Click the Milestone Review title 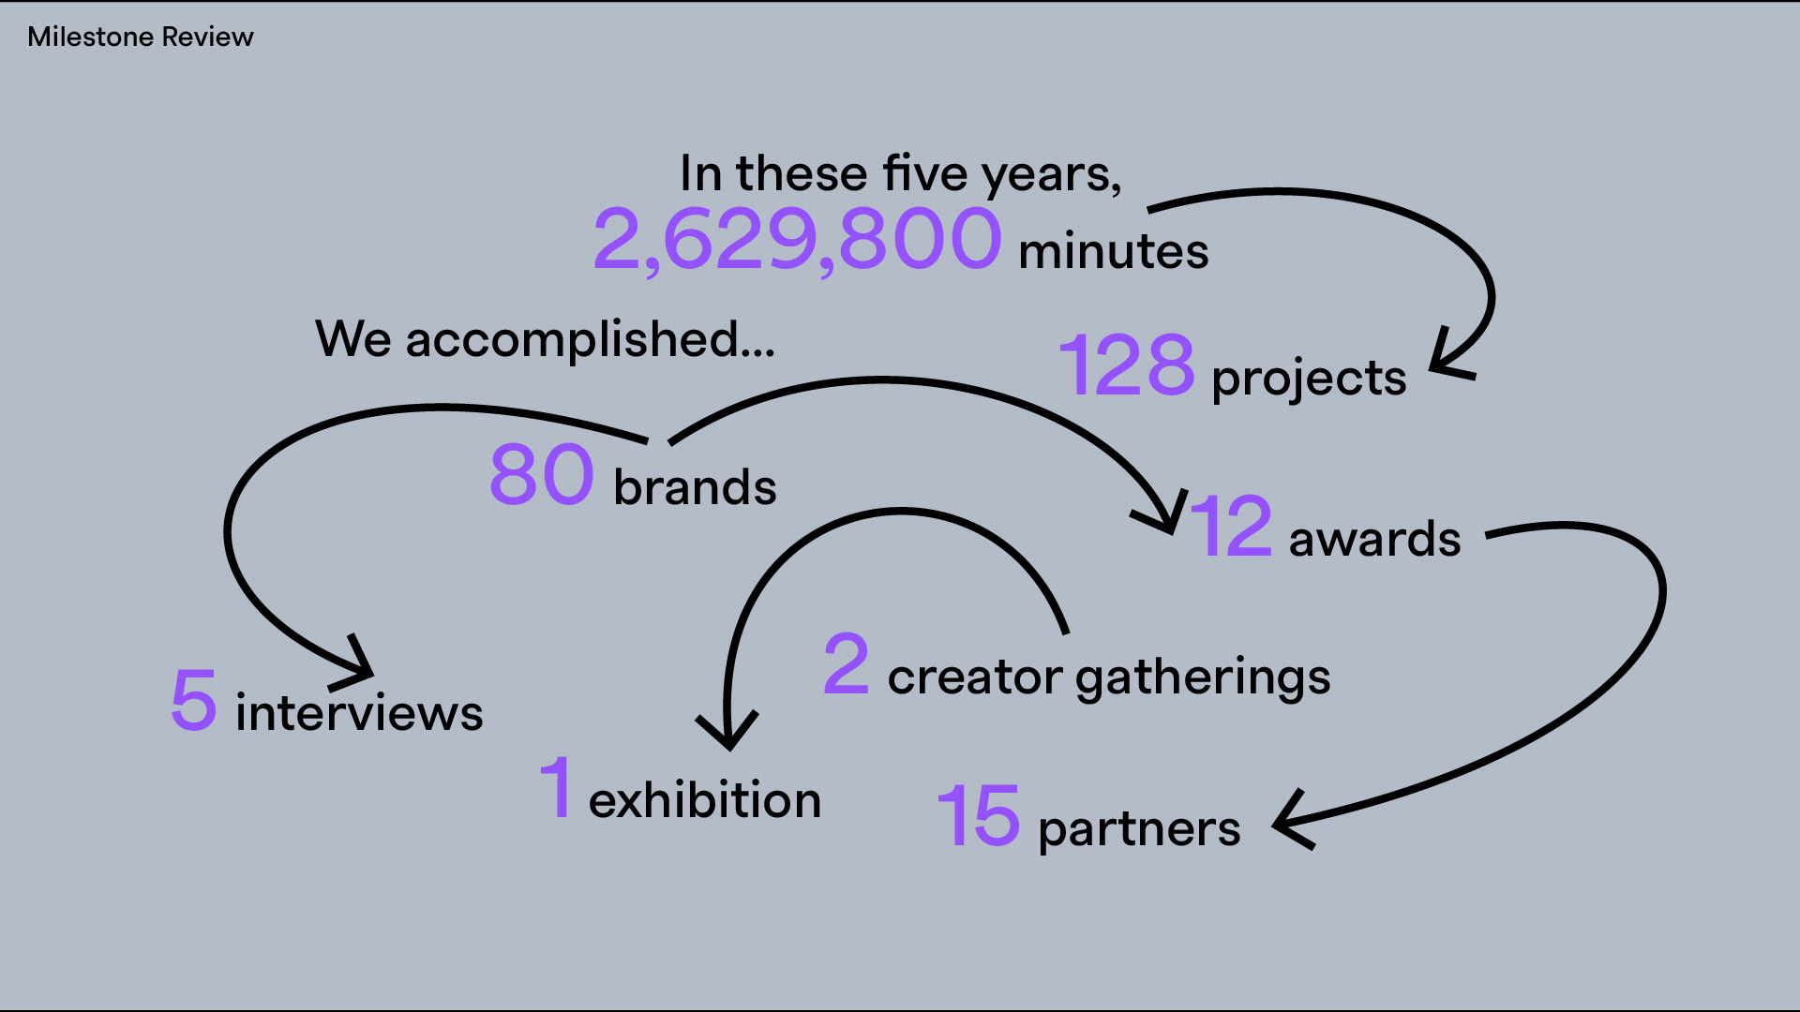pos(141,37)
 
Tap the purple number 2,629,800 pos(798,240)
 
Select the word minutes pos(1113,251)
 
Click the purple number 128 pos(1127,365)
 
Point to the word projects pos(1309,379)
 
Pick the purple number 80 pos(542,474)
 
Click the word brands pos(695,487)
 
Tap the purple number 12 pos(1231,527)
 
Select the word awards pos(1374,540)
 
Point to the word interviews pos(359,713)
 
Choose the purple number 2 pos(847,663)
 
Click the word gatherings pos(1203,677)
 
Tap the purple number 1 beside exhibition pos(557,787)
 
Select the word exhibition pos(705,800)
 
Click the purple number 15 pos(978,815)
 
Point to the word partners pos(1139,829)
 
